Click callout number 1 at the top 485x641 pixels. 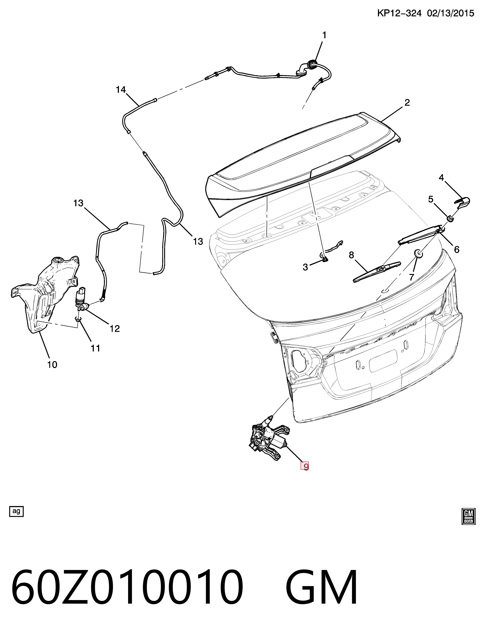[324, 35]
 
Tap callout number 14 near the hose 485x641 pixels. [121, 90]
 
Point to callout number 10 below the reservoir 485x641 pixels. [52, 365]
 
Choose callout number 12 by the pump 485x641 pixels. [115, 329]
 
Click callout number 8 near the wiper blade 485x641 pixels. [352, 255]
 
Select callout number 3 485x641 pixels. [305, 267]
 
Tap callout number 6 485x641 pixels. [457, 249]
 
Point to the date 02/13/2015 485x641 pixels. [451, 13]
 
